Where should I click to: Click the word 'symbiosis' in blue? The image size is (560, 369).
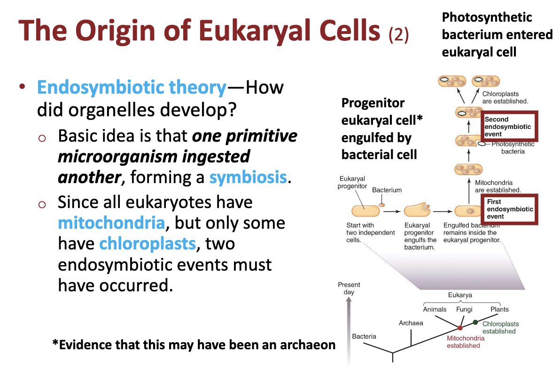click(x=248, y=177)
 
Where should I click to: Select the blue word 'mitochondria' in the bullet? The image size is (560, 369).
click(x=111, y=223)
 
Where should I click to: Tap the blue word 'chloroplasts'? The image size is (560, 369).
click(x=147, y=244)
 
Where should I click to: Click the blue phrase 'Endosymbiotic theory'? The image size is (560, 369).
click(x=132, y=88)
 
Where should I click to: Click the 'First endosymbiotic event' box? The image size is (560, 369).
click(x=510, y=209)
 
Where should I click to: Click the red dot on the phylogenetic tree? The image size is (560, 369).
click(x=460, y=328)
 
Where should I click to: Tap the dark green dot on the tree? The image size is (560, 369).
click(x=475, y=322)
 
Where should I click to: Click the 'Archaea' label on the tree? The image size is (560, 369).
click(x=411, y=323)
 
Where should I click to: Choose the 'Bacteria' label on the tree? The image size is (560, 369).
click(x=364, y=336)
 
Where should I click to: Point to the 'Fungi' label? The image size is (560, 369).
click(x=464, y=309)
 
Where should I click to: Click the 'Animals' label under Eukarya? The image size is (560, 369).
click(x=435, y=309)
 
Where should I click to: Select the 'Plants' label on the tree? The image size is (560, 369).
click(x=499, y=309)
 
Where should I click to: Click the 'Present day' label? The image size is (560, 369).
click(x=349, y=288)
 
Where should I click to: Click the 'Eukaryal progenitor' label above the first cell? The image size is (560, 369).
click(x=352, y=183)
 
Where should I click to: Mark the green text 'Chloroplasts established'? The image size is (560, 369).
click(x=500, y=328)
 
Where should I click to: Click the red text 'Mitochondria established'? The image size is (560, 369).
click(x=463, y=342)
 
